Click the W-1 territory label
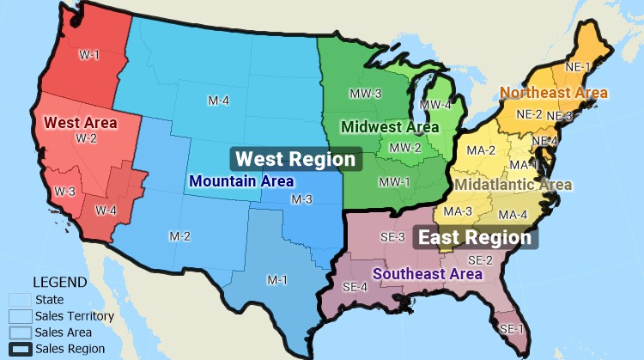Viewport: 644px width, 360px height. coord(90,56)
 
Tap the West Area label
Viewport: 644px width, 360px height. coord(81,122)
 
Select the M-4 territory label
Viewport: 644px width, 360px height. coord(218,101)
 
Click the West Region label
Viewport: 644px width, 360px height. coord(295,159)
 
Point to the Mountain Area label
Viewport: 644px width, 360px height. coord(242,181)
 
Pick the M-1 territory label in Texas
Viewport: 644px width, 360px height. coord(276,280)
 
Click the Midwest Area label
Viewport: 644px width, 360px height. coord(390,126)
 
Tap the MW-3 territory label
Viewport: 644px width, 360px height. coord(365,92)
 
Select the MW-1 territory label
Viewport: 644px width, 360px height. coord(394,181)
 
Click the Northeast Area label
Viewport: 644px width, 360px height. coord(554,92)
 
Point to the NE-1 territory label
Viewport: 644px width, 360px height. coord(578,66)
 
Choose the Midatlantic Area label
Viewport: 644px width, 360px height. coord(513,184)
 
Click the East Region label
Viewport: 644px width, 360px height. coord(476,237)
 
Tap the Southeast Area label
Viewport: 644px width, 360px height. coord(427,273)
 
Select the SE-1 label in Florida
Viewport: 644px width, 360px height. coord(512,329)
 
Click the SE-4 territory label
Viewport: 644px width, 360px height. coord(355,287)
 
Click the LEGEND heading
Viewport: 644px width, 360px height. coord(59,282)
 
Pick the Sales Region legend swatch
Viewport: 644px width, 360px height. coord(21,349)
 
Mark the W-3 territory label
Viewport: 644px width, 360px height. coord(65,191)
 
